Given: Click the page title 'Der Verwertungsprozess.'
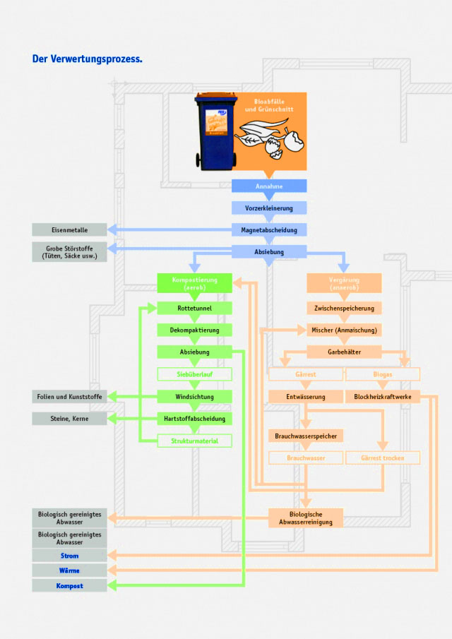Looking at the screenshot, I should tap(88, 59).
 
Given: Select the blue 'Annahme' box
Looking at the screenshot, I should tap(269, 186).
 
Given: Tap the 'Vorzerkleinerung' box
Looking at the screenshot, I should tap(269, 208).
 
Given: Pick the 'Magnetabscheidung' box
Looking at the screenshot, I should tap(269, 229).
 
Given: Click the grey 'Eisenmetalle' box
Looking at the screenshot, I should tap(69, 229).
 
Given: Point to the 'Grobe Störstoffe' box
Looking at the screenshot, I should tap(69, 251).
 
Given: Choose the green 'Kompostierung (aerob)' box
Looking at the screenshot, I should tap(194, 283).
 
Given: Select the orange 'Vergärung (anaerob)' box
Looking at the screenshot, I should tap(344, 283).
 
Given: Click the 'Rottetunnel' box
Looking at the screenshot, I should tap(194, 308).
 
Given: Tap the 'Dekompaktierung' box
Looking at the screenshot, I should tap(194, 330).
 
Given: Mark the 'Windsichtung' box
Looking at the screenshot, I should tap(194, 397).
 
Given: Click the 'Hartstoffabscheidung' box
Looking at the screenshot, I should tap(194, 419).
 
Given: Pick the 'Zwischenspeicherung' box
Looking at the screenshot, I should tap(344, 308).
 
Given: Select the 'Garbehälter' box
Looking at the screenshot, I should tap(344, 352).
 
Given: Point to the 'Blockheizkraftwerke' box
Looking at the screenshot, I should tap(382, 397).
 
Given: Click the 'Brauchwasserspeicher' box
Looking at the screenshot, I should tap(306, 436).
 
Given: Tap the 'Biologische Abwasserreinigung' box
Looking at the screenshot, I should tap(306, 518).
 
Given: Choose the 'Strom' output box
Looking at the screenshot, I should tap(69, 556).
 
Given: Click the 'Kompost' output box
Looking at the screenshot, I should tap(69, 585).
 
